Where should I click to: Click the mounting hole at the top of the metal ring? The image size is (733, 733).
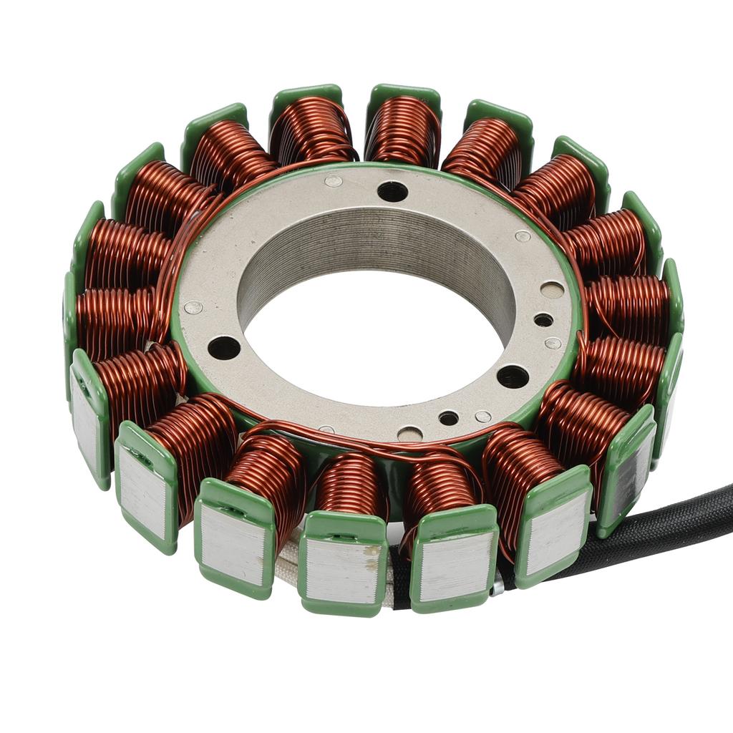(392, 191)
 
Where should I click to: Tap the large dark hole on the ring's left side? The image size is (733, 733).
(224, 348)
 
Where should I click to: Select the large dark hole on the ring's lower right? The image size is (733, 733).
(513, 376)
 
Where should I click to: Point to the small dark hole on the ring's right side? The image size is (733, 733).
(543, 320)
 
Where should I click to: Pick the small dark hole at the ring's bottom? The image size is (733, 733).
(449, 418)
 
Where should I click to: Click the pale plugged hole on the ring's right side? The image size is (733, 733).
(552, 290)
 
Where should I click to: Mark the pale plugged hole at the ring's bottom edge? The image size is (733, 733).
(409, 434)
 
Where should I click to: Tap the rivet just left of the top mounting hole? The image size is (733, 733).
(333, 181)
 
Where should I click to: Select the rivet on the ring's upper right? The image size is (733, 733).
(523, 236)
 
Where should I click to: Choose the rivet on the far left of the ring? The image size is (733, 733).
(193, 307)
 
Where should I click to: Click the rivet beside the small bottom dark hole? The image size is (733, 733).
(483, 416)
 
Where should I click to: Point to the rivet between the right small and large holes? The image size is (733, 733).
(553, 343)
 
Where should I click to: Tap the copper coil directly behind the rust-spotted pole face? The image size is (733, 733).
(351, 487)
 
